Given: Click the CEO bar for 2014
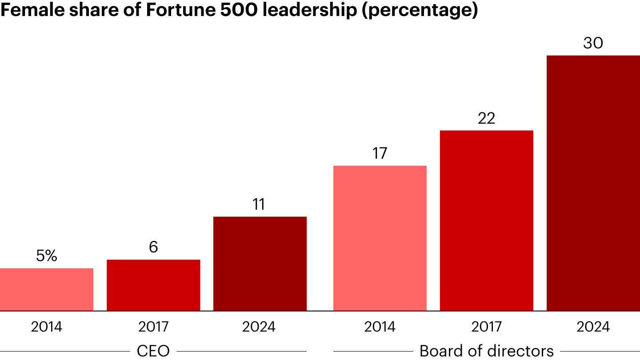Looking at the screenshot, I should click(47, 289).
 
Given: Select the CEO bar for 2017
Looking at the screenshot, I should click(153, 285).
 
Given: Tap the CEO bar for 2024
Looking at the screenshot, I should click(260, 264).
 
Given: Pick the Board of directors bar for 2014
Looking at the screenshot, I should click(380, 238).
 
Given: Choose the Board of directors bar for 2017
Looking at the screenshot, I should click(487, 220).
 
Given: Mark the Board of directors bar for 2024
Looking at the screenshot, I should click(593, 183).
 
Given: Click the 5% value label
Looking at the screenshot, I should click(47, 256).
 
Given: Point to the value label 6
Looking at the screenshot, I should click(153, 247).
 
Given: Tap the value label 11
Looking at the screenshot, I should click(259, 204).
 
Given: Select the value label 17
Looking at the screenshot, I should click(380, 153).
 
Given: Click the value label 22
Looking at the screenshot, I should click(487, 118).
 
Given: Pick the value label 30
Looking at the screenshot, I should click(593, 43).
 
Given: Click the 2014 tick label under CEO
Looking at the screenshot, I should click(47, 327).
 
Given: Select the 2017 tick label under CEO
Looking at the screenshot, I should click(153, 327).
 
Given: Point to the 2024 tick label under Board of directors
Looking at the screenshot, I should click(593, 327).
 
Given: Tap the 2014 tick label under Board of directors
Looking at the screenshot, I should click(380, 327).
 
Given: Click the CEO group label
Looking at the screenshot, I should click(153, 351).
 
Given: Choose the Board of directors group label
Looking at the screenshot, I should click(487, 351).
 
